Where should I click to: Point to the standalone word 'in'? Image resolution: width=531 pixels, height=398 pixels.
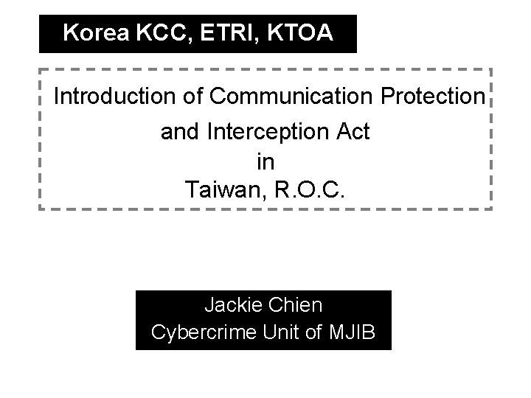click(x=265, y=161)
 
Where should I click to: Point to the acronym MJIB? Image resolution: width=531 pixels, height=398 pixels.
click(x=351, y=332)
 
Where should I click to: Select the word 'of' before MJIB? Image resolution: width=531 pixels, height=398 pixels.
click(x=313, y=332)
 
